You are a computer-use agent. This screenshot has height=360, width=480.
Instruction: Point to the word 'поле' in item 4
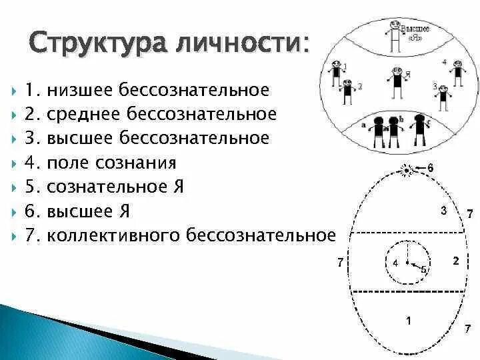pos(66,163)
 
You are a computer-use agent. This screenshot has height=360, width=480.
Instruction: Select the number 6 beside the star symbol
pos(430,168)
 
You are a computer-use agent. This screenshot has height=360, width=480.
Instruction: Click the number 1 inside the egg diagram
pos(408,321)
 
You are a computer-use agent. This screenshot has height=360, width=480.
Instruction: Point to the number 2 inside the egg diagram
pos(455,261)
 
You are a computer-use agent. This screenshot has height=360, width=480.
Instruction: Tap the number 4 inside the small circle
pos(395,263)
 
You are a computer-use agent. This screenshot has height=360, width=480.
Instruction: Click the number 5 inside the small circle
pos(423,269)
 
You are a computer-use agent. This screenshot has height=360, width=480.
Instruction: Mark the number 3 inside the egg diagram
pos(443,211)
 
